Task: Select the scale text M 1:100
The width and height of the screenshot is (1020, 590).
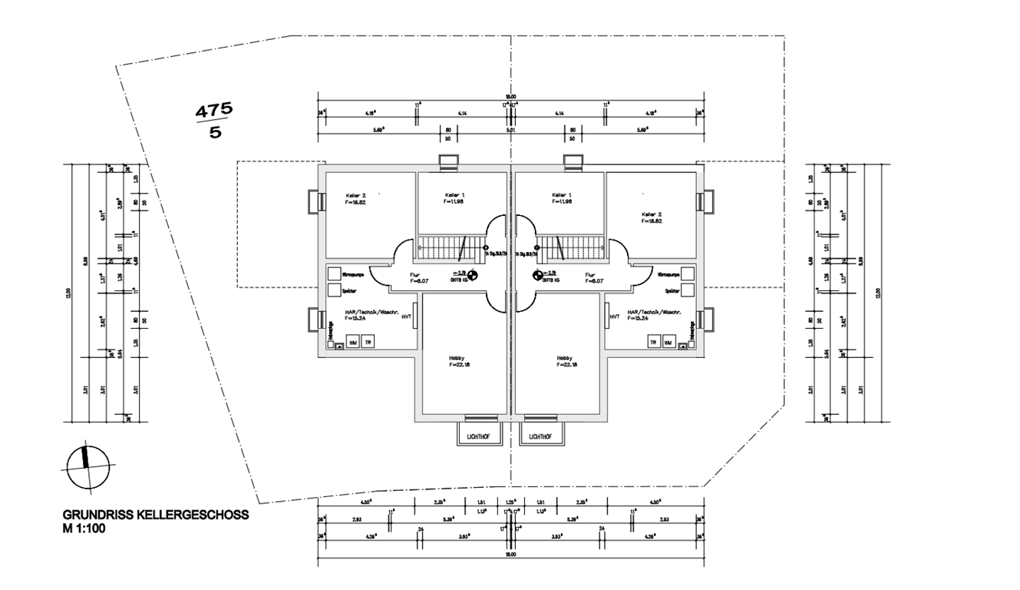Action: coord(85,529)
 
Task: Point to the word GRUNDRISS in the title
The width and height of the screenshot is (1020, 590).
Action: coord(90,515)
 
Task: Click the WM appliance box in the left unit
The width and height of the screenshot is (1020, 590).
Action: coord(353,342)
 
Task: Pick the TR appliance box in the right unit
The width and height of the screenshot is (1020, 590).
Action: coord(653,342)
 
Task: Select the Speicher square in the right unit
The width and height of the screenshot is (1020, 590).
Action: coord(688,290)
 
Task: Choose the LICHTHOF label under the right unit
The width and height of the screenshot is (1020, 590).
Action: coord(540,436)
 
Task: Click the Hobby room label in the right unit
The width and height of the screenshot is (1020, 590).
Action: coord(565,358)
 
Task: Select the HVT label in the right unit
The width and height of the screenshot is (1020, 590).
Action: coord(614,316)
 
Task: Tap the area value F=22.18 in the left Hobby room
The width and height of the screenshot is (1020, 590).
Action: coord(460,365)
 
